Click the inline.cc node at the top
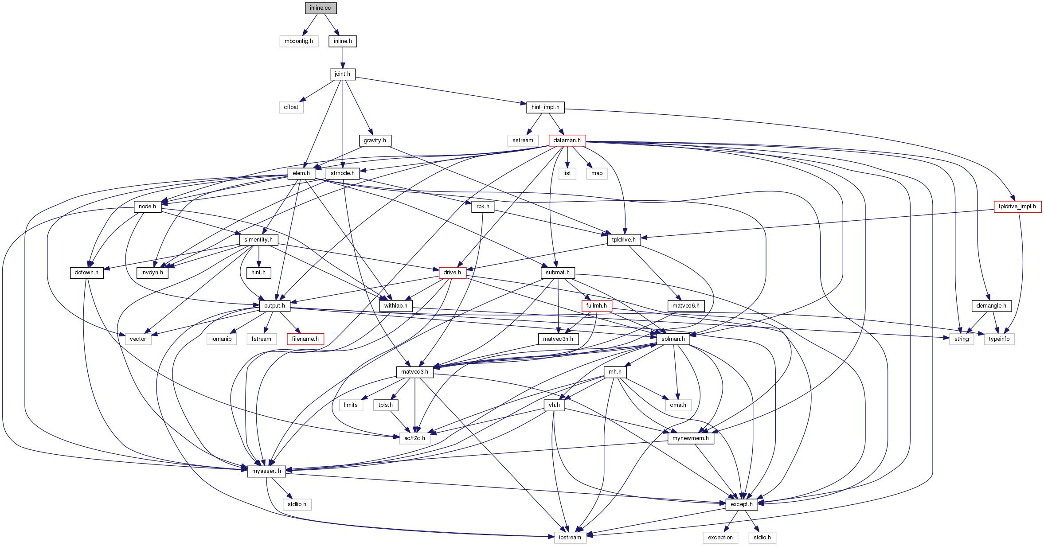[321, 8]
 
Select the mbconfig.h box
[299, 41]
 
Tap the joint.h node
[342, 74]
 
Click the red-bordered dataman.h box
[567, 140]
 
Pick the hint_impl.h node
[545, 107]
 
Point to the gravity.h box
[375, 140]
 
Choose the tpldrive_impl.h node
[1017, 207]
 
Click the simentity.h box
[258, 240]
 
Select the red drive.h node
[452, 273]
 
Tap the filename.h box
[305, 339]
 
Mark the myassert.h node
[266, 471]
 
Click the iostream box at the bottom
[570, 538]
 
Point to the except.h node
[742, 504]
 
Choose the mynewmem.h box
[691, 438]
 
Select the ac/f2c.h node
[414, 438]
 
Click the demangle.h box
[991, 306]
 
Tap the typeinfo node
[999, 339]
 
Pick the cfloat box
[291, 107]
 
